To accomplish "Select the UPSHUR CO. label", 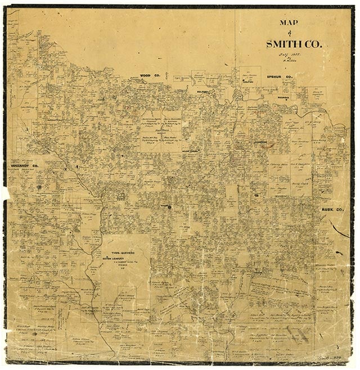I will (282, 78).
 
